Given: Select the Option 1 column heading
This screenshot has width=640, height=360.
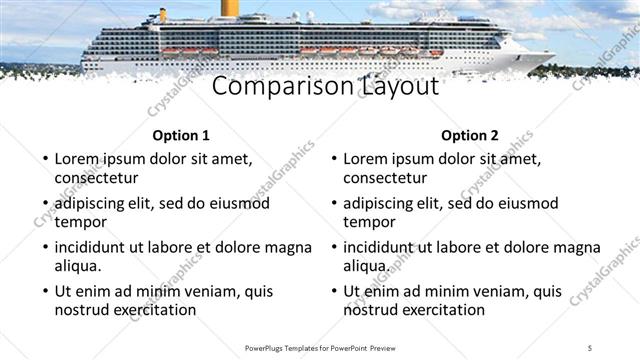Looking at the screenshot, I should pyautogui.click(x=181, y=136).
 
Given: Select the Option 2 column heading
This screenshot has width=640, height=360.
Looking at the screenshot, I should pyautogui.click(x=469, y=136).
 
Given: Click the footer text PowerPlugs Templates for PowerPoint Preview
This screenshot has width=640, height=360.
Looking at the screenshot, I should pyautogui.click(x=321, y=347).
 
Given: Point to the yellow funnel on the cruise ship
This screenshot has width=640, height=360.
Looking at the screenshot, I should pyautogui.click(x=230, y=7).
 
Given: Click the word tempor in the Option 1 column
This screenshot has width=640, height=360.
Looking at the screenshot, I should pyautogui.click(x=80, y=222).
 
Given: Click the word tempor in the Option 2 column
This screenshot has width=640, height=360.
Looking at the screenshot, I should pyautogui.click(x=369, y=222).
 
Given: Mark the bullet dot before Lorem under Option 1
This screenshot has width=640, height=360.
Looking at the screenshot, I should pyautogui.click(x=43, y=159).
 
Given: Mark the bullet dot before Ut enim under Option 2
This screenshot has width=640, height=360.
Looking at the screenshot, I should pyautogui.click(x=332, y=292).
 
